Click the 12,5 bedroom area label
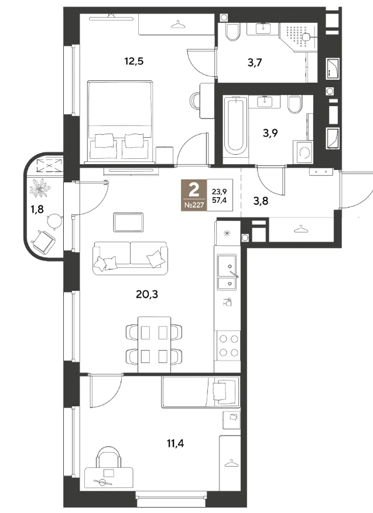tap(134, 61)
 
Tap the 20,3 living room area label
tap(146, 294)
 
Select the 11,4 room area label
tap(175, 444)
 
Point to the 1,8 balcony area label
tap(37, 209)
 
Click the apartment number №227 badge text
tap(194, 205)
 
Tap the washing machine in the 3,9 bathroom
tap(303, 151)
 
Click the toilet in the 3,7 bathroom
tap(232, 32)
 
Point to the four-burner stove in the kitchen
tap(228, 346)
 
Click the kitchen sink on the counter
tap(227, 272)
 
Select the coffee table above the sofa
tap(128, 222)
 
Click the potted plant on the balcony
tap(40, 188)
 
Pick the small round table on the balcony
tap(54, 221)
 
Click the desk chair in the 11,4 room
tap(108, 458)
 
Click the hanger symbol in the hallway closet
tap(300, 229)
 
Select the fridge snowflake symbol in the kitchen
tap(227, 233)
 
